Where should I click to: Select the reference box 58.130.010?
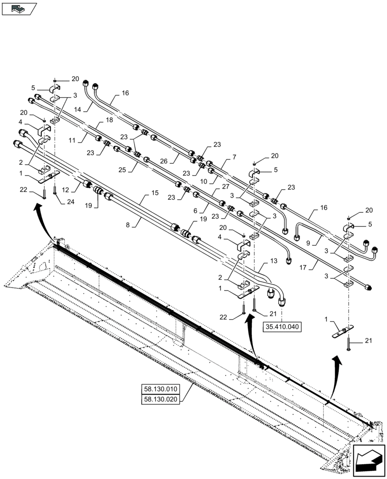click(x=160, y=388)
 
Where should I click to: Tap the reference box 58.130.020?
click(x=160, y=399)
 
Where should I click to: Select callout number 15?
click(x=154, y=193)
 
